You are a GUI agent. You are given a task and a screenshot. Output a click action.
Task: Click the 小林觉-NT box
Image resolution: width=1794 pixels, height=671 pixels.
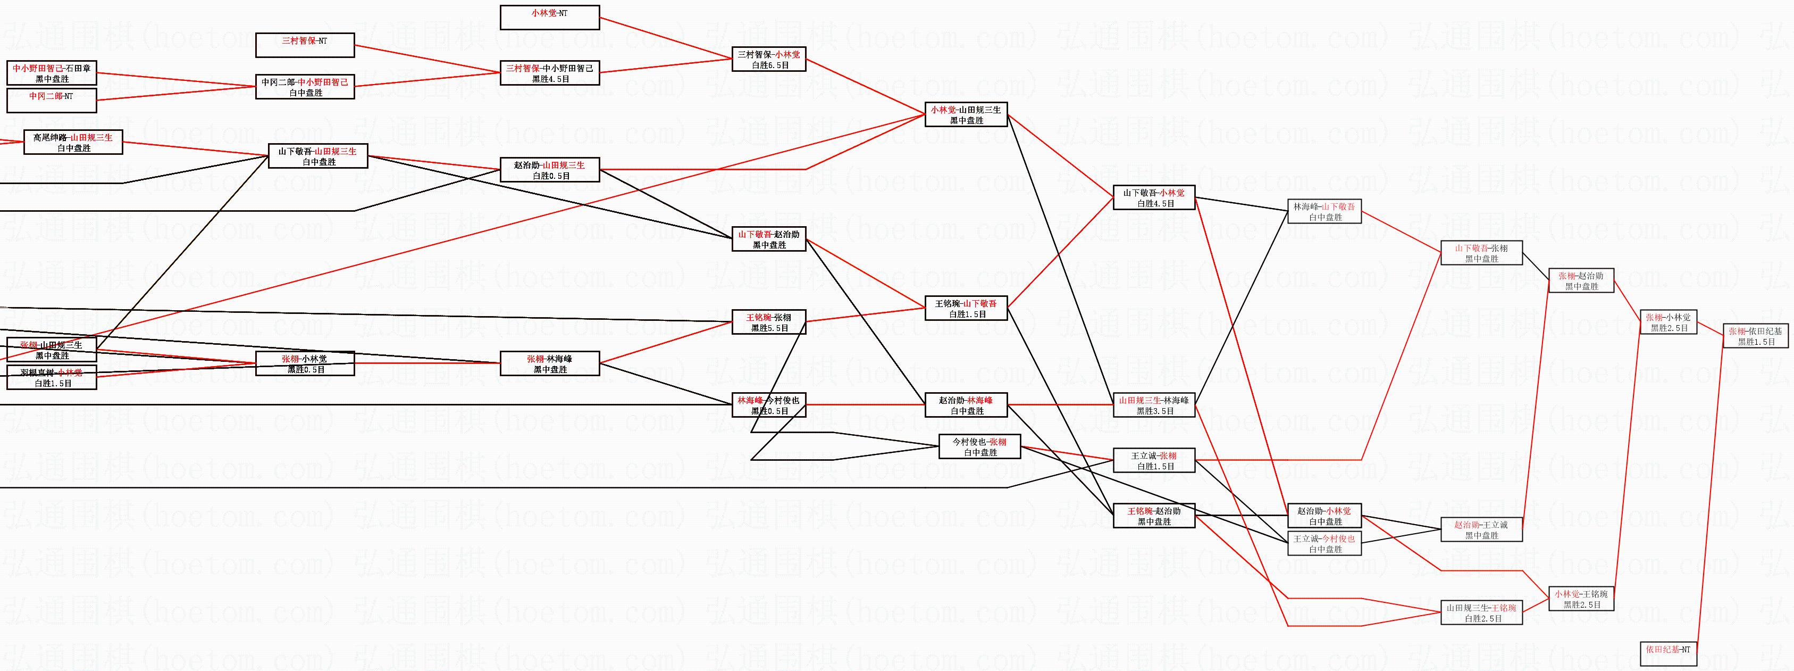point(549,18)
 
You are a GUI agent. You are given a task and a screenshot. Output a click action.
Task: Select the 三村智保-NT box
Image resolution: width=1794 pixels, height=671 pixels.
point(304,45)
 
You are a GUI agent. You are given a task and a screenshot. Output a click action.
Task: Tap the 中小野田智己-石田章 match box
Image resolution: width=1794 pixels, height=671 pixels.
point(52,73)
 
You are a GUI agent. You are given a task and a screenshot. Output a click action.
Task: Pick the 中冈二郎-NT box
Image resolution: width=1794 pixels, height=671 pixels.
point(52,101)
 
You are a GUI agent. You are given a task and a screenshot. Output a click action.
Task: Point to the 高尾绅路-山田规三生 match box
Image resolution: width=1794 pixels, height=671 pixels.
point(72,142)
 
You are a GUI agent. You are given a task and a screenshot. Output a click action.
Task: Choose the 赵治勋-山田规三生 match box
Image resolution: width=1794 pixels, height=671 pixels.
point(549,170)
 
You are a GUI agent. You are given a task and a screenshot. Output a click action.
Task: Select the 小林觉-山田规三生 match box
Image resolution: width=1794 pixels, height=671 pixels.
point(966,114)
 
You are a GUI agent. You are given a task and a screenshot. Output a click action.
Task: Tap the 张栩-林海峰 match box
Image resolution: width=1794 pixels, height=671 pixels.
point(549,364)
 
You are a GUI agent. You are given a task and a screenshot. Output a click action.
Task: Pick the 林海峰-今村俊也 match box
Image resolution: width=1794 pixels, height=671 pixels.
point(769,405)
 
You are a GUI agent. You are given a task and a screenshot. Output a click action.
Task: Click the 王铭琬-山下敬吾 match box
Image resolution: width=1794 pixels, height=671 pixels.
point(966,308)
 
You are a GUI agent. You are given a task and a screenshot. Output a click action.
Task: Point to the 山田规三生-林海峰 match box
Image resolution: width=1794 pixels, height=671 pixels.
point(1154,405)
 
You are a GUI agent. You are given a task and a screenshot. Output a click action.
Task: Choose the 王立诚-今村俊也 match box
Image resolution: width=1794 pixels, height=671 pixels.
point(1324,543)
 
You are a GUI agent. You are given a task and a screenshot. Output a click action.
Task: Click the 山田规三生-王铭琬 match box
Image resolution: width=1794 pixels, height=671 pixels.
point(1481,612)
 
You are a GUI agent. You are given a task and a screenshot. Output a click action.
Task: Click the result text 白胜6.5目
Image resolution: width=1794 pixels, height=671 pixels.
point(769,65)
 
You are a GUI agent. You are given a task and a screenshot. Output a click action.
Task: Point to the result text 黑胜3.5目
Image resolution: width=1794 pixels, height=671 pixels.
point(1154,411)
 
